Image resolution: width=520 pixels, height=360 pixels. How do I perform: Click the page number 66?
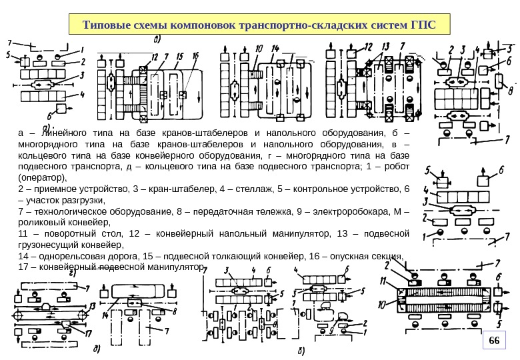point(494,341)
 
